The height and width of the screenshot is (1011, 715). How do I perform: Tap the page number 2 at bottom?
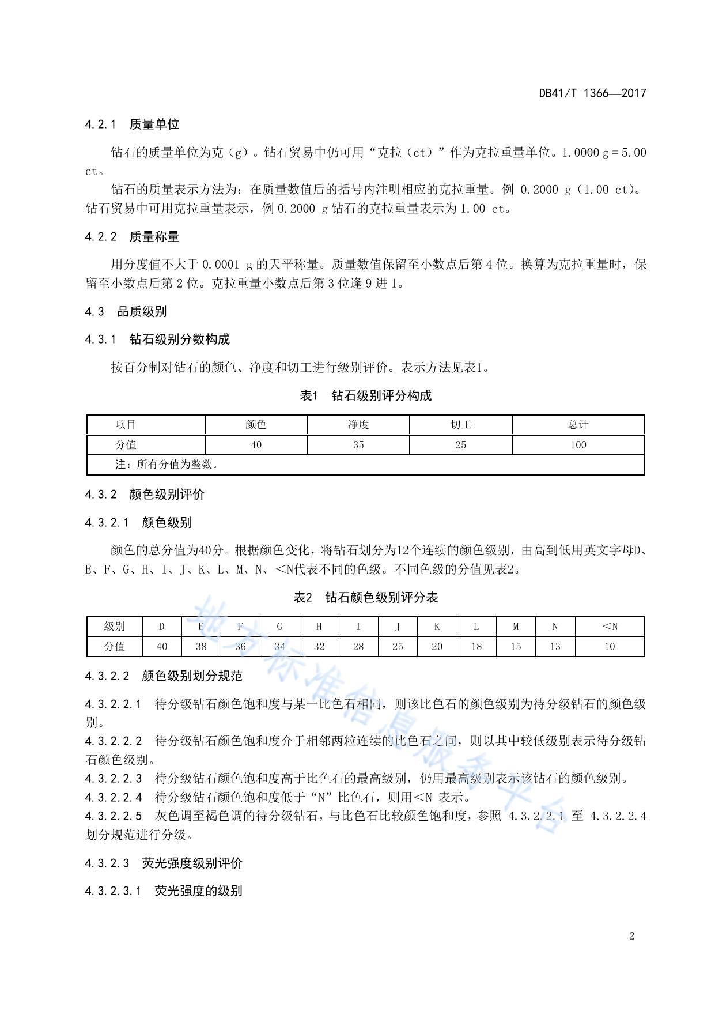(x=631, y=935)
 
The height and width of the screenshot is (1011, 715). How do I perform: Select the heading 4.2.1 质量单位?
(x=132, y=124)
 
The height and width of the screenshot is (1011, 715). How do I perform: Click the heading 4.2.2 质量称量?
(x=132, y=236)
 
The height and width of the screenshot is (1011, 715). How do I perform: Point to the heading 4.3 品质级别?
(x=126, y=312)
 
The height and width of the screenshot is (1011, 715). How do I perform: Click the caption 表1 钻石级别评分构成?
(x=366, y=396)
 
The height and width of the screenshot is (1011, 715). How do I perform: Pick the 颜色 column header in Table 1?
(x=256, y=425)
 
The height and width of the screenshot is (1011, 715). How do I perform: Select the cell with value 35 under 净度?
(x=358, y=445)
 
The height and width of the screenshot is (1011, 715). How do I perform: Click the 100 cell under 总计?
(x=578, y=445)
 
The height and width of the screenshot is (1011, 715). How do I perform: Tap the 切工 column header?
(x=461, y=425)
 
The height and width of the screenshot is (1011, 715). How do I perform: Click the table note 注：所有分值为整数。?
(x=167, y=465)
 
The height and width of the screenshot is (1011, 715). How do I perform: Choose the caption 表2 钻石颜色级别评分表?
(x=366, y=598)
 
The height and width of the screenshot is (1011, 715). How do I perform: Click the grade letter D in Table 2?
(x=162, y=627)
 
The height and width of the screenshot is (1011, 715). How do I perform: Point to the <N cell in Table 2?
(x=610, y=627)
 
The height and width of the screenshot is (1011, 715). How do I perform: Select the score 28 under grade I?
(x=358, y=647)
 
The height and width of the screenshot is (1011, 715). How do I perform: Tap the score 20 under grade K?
(x=437, y=647)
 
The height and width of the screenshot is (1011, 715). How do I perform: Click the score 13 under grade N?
(x=555, y=647)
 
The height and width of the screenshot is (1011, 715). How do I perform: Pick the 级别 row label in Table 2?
(x=114, y=627)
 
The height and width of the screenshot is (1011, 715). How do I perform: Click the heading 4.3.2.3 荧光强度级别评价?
(x=164, y=863)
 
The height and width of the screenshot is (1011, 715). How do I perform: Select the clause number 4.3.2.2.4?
(x=114, y=797)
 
